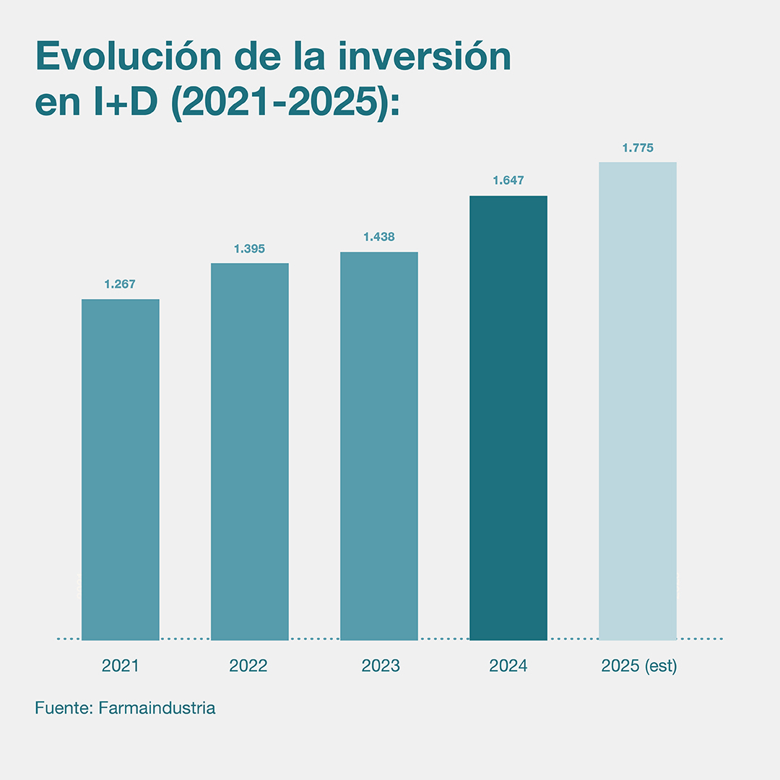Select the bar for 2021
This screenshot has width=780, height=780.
tap(120, 469)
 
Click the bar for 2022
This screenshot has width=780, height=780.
tap(249, 451)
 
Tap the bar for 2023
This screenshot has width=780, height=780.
tap(378, 446)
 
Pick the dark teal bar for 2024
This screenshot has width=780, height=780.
tap(508, 417)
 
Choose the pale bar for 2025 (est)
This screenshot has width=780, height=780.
tap(638, 401)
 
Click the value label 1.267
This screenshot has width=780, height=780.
tap(120, 285)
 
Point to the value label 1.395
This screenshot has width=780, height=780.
tap(249, 249)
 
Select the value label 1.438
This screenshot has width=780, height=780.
tap(378, 237)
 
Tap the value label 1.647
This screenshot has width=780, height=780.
tap(508, 181)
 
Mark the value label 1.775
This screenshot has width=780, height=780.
tap(638, 148)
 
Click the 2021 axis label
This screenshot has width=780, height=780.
tap(120, 666)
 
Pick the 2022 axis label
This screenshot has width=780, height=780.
tap(248, 666)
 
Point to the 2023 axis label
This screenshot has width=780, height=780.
tap(381, 666)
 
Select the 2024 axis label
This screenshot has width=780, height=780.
tap(508, 666)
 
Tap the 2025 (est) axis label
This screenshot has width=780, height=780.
tap(639, 666)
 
